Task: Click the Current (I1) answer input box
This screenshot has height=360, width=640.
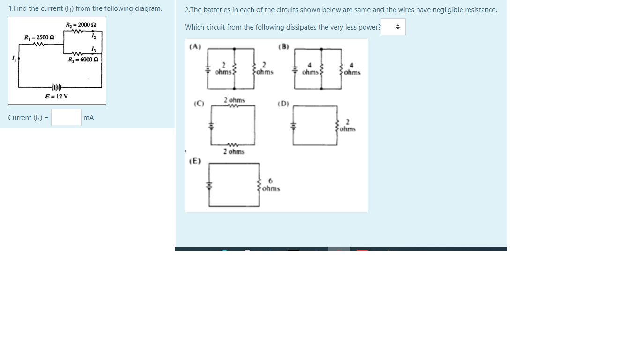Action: coord(66,117)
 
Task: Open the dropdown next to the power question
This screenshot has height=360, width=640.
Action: coord(393,27)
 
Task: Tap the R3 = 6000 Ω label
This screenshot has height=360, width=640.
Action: coord(83,60)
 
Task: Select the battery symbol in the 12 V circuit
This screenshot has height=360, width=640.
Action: coord(56,87)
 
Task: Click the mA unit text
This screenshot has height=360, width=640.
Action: coord(89,118)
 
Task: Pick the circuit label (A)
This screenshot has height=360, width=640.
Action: coord(195,46)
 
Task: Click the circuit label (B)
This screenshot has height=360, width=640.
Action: coord(283,46)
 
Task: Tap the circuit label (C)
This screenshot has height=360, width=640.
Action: coord(199,103)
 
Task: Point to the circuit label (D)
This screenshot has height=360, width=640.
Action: coord(283,103)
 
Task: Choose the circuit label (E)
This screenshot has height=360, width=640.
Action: coord(195,161)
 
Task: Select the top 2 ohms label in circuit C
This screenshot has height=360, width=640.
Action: coord(234,100)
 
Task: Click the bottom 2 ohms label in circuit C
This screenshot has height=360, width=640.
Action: coord(233,151)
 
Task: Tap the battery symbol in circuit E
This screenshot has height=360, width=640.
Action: coord(209,185)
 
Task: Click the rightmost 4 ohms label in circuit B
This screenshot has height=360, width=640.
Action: coord(352,69)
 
